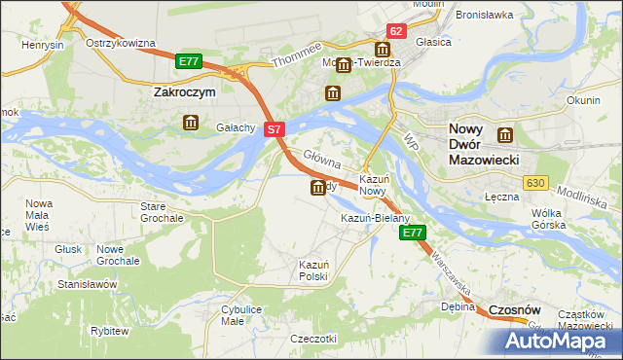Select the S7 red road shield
click(x=275, y=128)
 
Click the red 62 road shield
click(x=395, y=31)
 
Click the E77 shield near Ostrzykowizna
click(x=189, y=61)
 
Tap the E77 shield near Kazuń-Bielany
click(x=413, y=233)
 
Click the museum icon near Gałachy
click(x=190, y=123)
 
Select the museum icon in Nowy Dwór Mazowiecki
click(x=504, y=135)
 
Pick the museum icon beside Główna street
click(x=318, y=188)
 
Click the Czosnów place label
click(x=514, y=308)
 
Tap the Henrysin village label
click(x=44, y=46)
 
